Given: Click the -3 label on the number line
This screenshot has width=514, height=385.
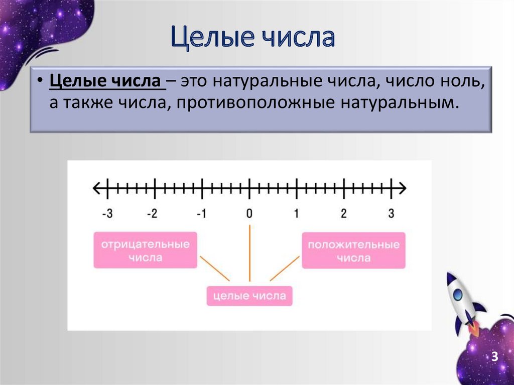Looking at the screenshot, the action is [106, 213].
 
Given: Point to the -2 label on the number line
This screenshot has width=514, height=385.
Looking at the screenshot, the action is [152, 213].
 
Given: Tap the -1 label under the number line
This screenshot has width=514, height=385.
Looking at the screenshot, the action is [201, 213].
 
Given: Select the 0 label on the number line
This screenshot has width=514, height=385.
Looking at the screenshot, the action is [249, 213].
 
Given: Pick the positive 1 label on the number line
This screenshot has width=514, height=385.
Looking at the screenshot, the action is [296, 213].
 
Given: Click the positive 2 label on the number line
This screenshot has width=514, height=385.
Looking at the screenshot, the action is [343, 213].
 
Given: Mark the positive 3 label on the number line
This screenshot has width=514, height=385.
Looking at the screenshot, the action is [391, 213].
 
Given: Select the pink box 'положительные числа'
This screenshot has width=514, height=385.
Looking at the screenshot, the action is [353, 250].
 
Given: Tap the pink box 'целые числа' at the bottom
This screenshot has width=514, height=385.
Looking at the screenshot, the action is [249, 296].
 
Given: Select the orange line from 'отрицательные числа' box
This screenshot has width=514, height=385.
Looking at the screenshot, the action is [214, 268].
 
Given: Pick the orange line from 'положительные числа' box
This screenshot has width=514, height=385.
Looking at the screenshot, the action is [285, 269].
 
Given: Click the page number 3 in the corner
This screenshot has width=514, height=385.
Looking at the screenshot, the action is [494, 357].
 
